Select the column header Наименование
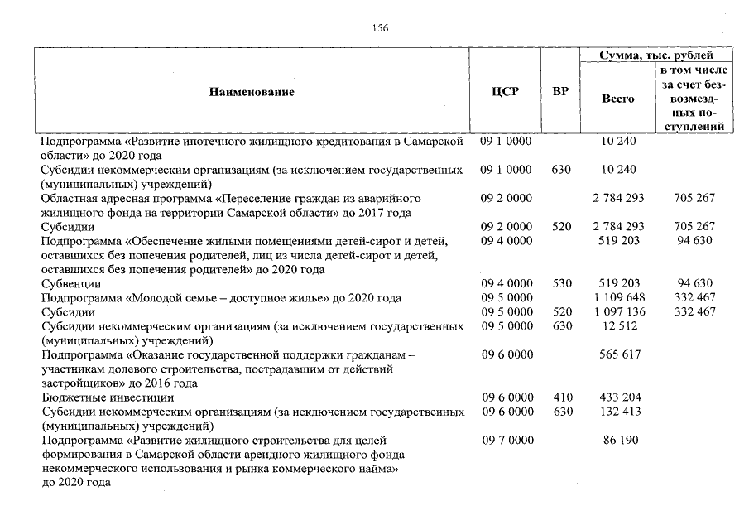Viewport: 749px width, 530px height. click(252, 92)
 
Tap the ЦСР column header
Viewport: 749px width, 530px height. click(505, 92)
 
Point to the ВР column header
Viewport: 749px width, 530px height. click(560, 92)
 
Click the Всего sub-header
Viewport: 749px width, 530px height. click(618, 98)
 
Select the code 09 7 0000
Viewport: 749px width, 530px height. click(506, 440)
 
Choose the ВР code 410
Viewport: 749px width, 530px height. click(562, 397)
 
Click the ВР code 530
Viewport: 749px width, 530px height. click(562, 283)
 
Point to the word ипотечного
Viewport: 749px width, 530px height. click(224, 142)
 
